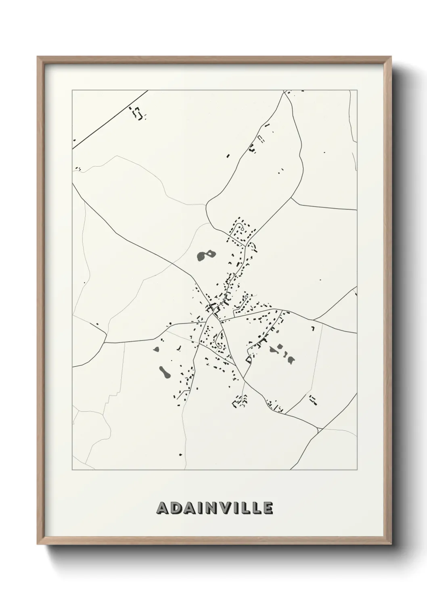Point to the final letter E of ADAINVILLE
pyautogui.click(x=268, y=509)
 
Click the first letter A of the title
pyautogui.click(x=163, y=509)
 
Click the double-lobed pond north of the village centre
pyautogui.click(x=206, y=255)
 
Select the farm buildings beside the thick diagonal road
pyautogui.click(x=138, y=113)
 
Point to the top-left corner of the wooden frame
pyautogui.click(x=38, y=57)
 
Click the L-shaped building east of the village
pyautogui.click(x=313, y=328)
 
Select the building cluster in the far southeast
pyautogui.click(x=312, y=400)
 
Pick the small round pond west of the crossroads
pyautogui.click(x=157, y=349)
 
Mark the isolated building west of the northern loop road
pyautogui.click(x=228, y=155)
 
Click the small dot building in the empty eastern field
pyautogui.click(x=320, y=280)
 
